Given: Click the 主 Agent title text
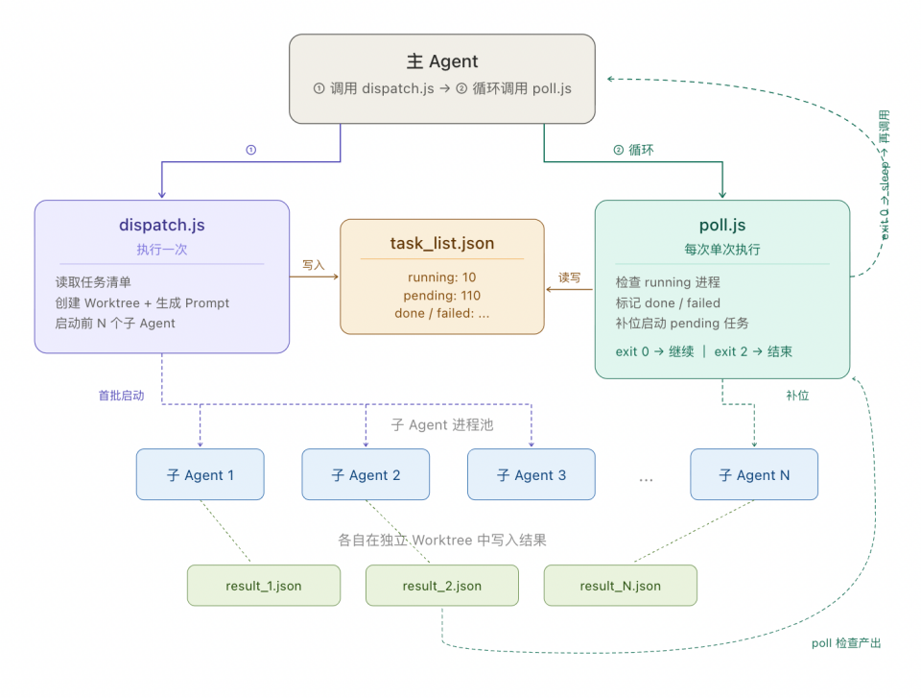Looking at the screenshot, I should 442,61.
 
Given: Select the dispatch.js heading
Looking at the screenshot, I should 161,227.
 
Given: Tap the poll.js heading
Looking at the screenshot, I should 722,227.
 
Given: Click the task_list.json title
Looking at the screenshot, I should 442,243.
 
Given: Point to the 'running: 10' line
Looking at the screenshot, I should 442,277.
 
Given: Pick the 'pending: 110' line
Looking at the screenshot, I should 442,296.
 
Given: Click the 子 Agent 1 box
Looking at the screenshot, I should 200,474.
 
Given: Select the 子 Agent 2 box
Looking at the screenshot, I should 366,474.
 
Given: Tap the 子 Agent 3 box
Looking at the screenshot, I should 531,474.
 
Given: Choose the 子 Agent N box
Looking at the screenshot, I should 754,474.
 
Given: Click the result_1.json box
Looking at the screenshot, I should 264,586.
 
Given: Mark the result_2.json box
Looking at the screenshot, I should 442,586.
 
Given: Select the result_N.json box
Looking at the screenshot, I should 620,586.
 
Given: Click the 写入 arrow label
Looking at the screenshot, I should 314,264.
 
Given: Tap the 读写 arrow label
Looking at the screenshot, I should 570,277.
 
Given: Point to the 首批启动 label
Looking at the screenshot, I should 122,395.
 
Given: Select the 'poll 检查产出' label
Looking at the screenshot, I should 845,642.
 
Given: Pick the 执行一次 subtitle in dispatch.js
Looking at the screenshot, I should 161,250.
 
